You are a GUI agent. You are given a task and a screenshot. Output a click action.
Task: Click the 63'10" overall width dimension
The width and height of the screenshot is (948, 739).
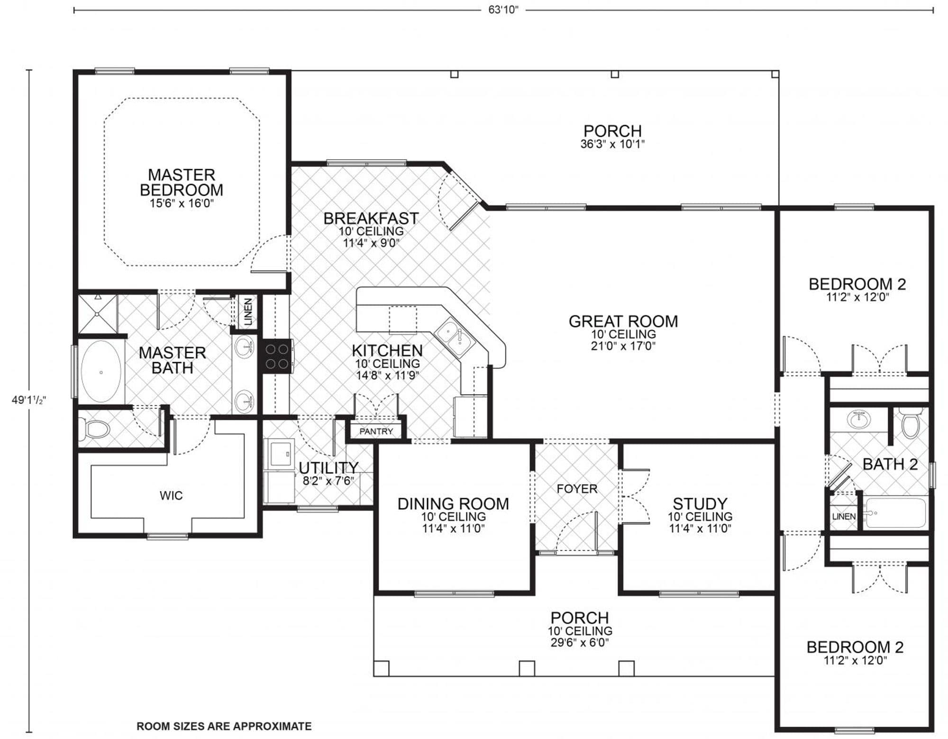[503, 10]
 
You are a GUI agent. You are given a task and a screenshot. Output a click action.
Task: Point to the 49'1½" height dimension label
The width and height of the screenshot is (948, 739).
[28, 400]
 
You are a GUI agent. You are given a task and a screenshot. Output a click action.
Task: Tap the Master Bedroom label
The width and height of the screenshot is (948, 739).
[181, 182]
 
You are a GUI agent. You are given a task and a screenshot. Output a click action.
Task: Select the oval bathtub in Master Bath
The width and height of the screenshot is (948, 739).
[100, 372]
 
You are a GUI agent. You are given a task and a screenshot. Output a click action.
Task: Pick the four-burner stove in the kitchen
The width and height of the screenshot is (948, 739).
[277, 356]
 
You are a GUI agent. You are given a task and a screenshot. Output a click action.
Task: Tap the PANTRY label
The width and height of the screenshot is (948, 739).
[376, 431]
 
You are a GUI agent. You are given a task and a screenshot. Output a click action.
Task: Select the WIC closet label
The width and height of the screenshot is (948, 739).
[171, 496]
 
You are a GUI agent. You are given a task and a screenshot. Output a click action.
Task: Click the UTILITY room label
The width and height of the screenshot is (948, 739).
[328, 468]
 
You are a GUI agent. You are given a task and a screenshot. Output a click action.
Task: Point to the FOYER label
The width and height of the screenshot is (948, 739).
[577, 489]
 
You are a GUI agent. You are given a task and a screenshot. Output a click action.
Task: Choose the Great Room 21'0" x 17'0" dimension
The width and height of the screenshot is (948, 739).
[623, 346]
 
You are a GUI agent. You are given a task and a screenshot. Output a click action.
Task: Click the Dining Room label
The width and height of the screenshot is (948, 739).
[453, 504]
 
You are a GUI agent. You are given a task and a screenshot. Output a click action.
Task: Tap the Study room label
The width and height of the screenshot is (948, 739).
[700, 504]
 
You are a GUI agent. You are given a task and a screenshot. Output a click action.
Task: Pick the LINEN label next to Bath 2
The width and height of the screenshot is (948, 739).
[844, 516]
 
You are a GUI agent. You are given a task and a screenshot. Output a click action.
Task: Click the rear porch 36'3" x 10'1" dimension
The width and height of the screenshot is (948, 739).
[612, 144]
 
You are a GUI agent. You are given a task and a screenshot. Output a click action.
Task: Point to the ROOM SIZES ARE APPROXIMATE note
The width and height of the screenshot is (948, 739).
[224, 726]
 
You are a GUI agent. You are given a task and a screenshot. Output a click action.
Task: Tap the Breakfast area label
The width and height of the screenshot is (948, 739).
[371, 219]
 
